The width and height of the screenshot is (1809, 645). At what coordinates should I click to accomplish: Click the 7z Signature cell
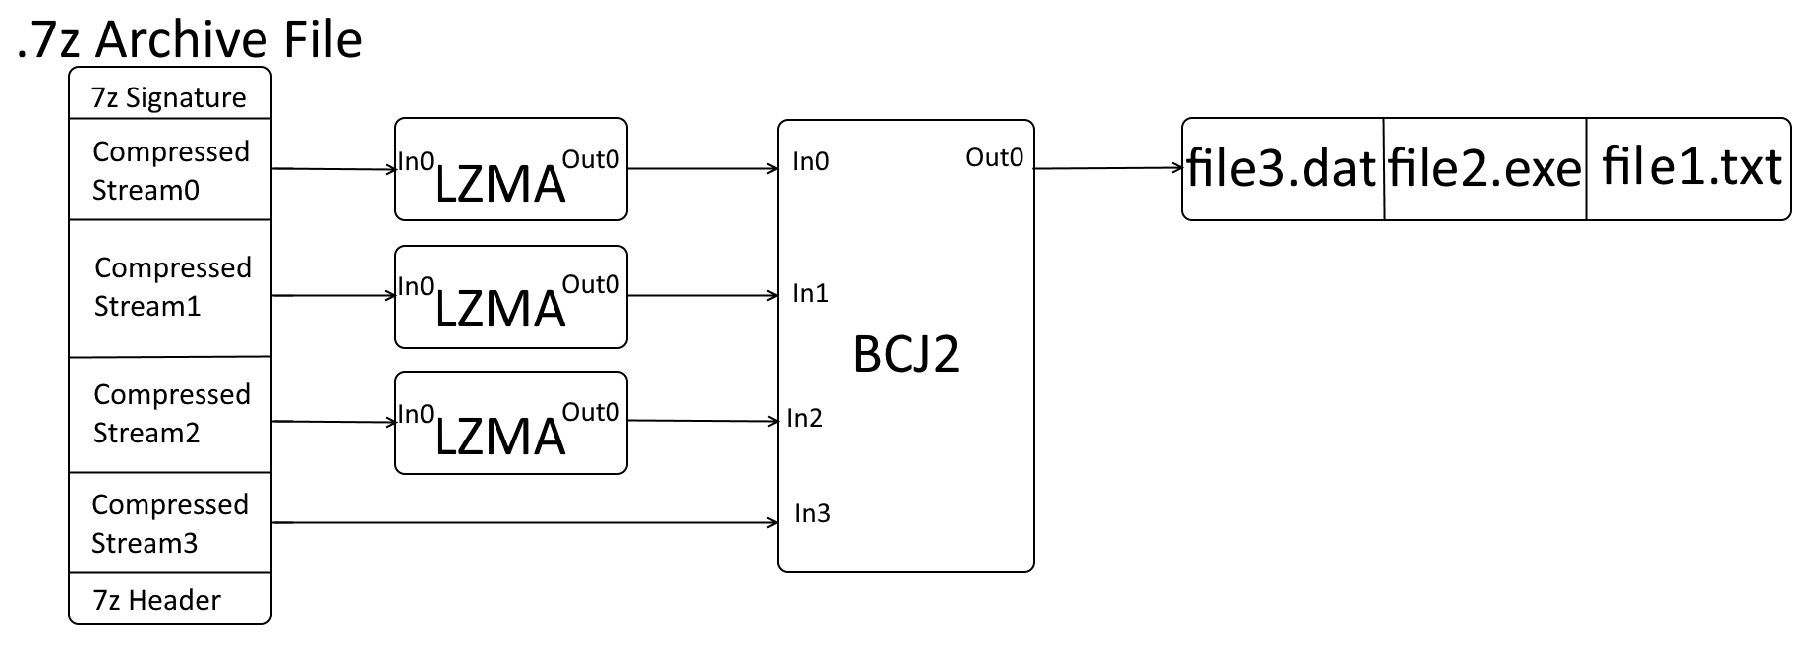[169, 97]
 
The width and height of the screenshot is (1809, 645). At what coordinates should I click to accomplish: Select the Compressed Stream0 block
[170, 170]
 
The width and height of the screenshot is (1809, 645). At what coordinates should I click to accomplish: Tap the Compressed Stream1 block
[170, 287]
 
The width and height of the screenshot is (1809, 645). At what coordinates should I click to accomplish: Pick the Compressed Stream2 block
[170, 414]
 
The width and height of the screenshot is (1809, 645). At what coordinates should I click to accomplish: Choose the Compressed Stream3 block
[170, 523]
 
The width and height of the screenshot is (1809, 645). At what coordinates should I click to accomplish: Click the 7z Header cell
[169, 599]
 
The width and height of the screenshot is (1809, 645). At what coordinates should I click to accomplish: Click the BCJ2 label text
[905, 354]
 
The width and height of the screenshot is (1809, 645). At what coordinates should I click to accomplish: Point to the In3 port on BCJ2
[812, 513]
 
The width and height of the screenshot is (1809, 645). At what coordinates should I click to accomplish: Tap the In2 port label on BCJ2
[804, 419]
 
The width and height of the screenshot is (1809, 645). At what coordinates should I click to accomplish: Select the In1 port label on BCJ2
[810, 293]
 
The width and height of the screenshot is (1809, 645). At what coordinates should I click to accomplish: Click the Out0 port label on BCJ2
[994, 157]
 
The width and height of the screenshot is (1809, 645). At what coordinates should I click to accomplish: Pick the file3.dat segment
[1282, 168]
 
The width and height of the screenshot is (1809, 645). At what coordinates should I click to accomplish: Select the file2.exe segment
[1485, 168]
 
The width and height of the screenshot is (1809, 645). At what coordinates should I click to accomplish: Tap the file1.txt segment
[1690, 168]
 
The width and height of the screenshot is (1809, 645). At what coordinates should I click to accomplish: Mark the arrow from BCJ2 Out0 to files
[1107, 168]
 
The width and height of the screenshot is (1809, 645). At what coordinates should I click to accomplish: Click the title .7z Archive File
[190, 39]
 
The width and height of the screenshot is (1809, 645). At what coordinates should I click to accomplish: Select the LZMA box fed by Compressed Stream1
[510, 297]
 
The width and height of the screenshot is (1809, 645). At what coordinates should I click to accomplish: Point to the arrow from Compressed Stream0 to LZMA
[332, 169]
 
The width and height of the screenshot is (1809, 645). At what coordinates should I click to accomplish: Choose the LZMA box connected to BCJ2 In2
[510, 423]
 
